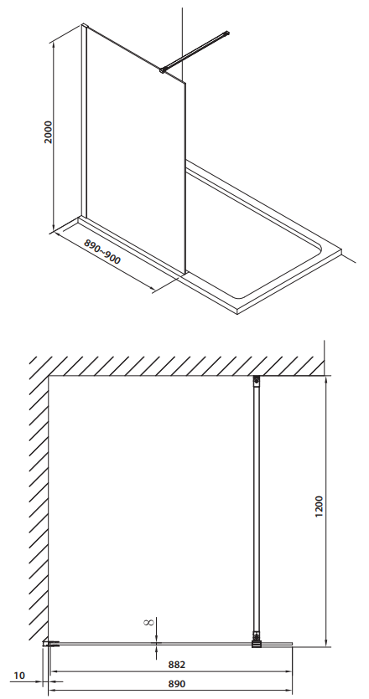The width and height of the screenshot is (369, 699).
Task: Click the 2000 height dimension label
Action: tap(49, 132)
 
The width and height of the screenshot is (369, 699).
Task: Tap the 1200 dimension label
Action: tap(319, 506)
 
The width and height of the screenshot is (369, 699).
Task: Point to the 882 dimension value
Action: tap(177, 665)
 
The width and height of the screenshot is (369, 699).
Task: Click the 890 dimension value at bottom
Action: tap(177, 684)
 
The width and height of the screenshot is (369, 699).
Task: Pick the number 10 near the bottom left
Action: tap(19, 676)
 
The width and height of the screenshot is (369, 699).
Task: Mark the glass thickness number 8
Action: tap(149, 622)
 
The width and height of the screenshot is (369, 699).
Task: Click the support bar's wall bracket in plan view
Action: tap(256, 380)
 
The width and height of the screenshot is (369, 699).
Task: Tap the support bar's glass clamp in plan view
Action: tap(257, 640)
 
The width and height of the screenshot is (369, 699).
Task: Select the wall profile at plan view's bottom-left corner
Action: tap(51, 643)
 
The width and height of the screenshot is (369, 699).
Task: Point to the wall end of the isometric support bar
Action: tap(227, 33)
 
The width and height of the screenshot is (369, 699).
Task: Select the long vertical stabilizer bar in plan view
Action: tap(256, 508)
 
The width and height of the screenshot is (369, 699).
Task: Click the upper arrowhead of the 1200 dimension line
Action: tap(326, 380)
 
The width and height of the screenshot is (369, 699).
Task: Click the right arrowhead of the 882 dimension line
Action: tap(288, 671)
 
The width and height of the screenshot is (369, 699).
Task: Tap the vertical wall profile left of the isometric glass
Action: tap(84, 122)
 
